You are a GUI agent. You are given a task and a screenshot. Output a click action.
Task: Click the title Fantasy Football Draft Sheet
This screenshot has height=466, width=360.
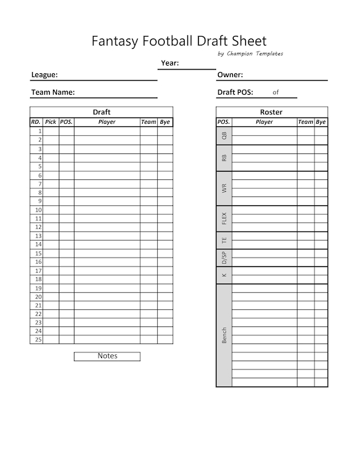[x=179, y=41]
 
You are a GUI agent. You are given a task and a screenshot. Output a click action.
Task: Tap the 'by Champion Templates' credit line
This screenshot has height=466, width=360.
[x=250, y=54]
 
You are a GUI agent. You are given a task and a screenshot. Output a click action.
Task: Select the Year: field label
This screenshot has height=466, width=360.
[x=170, y=63]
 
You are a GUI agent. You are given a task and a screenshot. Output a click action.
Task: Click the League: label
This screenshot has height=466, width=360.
[x=45, y=75]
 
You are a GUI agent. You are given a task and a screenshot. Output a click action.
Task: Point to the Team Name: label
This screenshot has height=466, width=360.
[x=53, y=92]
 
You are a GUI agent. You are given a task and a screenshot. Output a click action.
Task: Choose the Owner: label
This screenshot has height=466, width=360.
[x=230, y=75]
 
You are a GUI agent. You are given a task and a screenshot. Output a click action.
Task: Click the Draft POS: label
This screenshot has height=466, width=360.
[x=235, y=92]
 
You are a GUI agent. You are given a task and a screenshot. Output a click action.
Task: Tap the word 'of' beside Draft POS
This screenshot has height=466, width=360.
[x=275, y=92]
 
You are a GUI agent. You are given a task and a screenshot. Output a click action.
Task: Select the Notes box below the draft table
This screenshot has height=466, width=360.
[x=107, y=356]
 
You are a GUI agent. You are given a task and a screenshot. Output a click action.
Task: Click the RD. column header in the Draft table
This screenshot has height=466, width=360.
[x=36, y=122]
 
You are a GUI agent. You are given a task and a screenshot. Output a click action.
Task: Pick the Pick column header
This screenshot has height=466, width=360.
[x=51, y=122]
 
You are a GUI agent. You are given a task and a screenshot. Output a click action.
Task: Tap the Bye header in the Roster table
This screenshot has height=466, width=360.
[x=321, y=122]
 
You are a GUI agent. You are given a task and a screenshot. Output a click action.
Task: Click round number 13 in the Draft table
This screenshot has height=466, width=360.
[x=39, y=236]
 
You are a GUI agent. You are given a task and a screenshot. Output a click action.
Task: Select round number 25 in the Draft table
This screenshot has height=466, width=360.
[x=39, y=339]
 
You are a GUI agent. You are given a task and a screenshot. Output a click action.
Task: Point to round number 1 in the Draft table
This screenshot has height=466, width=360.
[x=40, y=131]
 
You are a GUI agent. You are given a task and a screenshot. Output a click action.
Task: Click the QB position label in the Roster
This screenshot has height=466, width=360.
[x=224, y=135]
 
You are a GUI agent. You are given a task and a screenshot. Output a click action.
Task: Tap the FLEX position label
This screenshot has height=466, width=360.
[x=224, y=218]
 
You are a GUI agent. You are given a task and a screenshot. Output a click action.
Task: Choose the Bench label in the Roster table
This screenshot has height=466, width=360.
[x=224, y=335]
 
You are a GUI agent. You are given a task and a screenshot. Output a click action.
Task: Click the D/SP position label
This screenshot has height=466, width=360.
[x=224, y=257]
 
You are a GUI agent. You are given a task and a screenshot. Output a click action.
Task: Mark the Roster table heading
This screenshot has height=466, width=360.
[x=272, y=112]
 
